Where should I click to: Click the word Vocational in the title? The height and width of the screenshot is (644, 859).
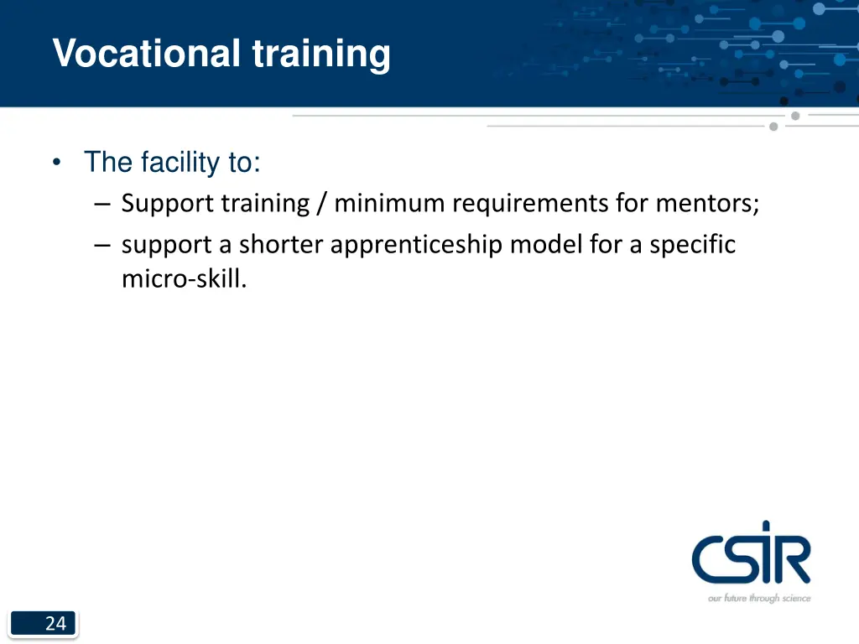pyautogui.click(x=146, y=54)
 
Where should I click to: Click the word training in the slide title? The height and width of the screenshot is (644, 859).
pyautogui.click(x=321, y=54)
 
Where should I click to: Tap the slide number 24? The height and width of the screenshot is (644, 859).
pyautogui.click(x=55, y=623)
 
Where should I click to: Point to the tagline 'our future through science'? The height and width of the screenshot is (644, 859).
pyautogui.click(x=759, y=598)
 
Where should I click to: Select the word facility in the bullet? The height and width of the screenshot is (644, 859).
pyautogui.click(x=180, y=162)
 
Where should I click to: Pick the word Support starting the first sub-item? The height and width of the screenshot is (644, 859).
pyautogui.click(x=168, y=204)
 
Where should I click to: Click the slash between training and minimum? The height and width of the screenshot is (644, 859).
pyautogui.click(x=322, y=204)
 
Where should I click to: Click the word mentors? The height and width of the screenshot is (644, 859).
pyautogui.click(x=707, y=204)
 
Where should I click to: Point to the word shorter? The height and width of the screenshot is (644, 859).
pyautogui.click(x=281, y=245)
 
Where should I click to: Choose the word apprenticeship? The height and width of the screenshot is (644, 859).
pyautogui.click(x=416, y=245)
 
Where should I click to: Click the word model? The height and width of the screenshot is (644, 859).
pyautogui.click(x=544, y=245)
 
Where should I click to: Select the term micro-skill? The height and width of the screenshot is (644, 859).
pyautogui.click(x=184, y=278)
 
